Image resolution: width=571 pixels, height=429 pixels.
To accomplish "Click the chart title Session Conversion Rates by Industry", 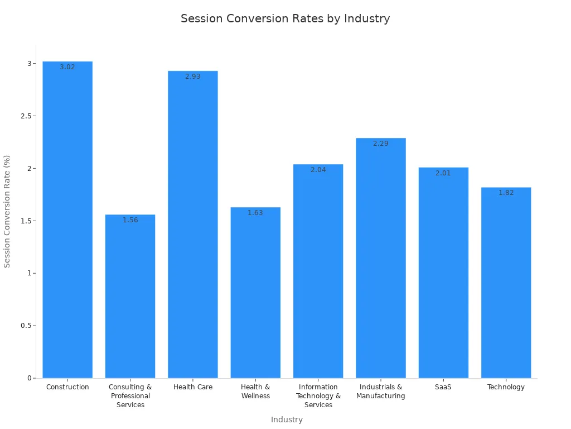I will coord(285,18).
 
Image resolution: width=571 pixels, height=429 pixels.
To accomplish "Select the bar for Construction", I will coord(67,223).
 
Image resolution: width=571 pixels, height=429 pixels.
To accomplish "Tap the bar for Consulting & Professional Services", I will coord(130,296).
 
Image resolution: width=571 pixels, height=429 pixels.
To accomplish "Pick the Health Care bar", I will coord(193,223).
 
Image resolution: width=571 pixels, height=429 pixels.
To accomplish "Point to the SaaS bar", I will coord(443,274).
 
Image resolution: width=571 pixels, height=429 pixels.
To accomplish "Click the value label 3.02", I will coord(67,67).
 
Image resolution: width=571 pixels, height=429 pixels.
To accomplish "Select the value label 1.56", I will coord(130,220).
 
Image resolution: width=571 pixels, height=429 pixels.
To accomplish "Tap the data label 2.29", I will coord(381,144).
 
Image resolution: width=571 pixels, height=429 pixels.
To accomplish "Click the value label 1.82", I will coord(506,193).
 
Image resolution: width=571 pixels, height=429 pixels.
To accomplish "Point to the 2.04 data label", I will coord(318,170).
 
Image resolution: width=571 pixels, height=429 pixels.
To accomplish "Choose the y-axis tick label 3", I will coord(30,64).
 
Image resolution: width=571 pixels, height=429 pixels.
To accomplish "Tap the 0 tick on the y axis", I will coord(30,378).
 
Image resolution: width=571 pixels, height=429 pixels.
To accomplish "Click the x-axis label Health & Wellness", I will coord(255,392).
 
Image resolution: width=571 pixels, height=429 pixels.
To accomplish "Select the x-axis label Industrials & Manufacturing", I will coord(381,392).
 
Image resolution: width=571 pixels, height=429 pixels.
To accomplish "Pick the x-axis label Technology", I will coord(506,387).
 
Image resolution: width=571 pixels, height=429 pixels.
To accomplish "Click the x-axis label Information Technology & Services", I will coord(318,396).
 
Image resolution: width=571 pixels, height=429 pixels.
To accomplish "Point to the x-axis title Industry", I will coord(287,420).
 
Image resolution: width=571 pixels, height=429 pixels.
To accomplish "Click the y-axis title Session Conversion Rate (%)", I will coord(7,211).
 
